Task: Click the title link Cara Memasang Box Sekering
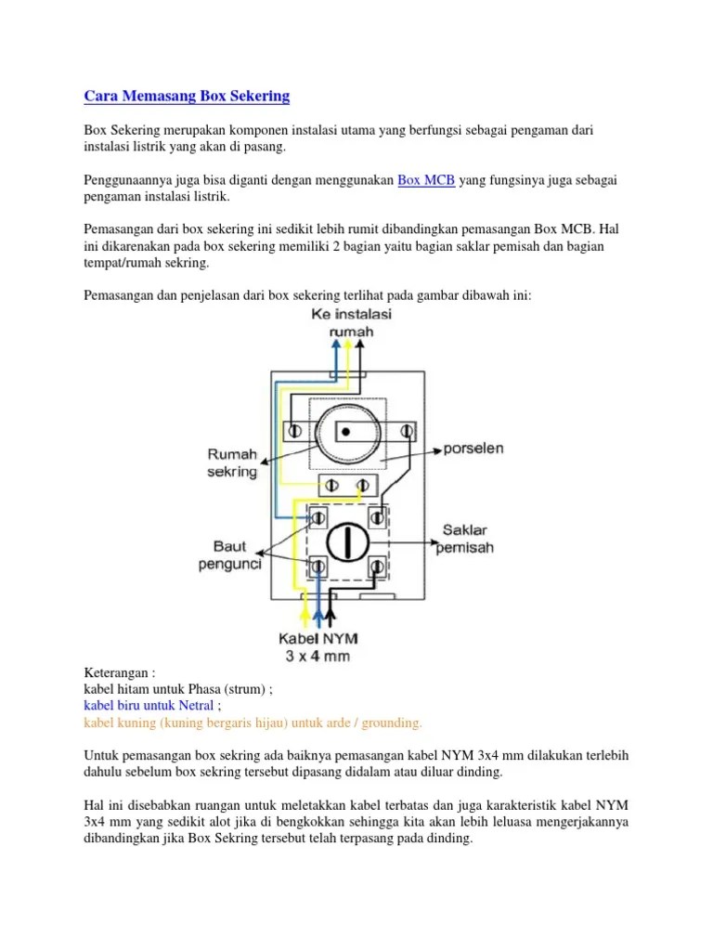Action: tap(187, 96)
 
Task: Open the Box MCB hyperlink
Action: tap(426, 180)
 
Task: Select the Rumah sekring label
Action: tap(231, 462)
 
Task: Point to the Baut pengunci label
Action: tap(236, 554)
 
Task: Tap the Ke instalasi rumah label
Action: tap(351, 323)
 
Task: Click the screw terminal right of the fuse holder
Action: tap(407, 431)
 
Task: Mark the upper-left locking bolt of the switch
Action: tap(318, 516)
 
